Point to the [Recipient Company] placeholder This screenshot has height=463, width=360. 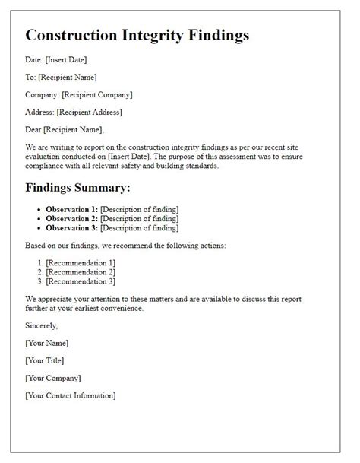97,94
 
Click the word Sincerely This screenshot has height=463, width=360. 42,325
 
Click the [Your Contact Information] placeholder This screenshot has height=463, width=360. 71,395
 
